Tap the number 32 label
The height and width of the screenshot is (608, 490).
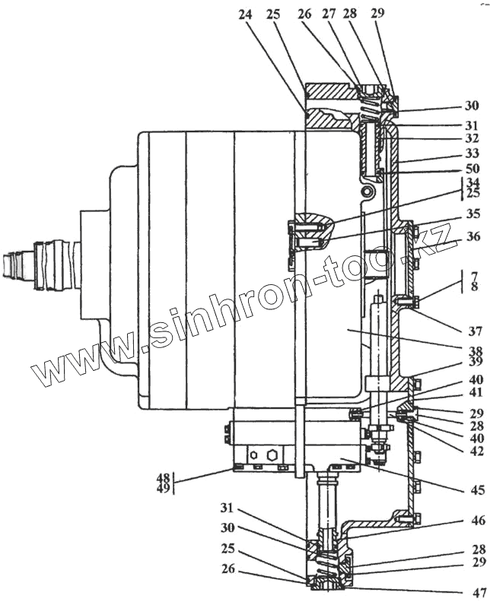[x=473, y=140]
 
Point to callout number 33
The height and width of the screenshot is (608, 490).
[x=473, y=154]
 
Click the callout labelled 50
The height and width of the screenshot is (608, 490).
[x=473, y=169]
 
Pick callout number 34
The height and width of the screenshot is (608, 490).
[x=473, y=183]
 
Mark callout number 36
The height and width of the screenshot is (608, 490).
[x=473, y=238]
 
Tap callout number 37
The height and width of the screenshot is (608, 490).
[x=473, y=310]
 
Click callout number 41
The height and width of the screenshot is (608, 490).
[x=473, y=394]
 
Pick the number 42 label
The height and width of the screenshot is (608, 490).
[x=473, y=451]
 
